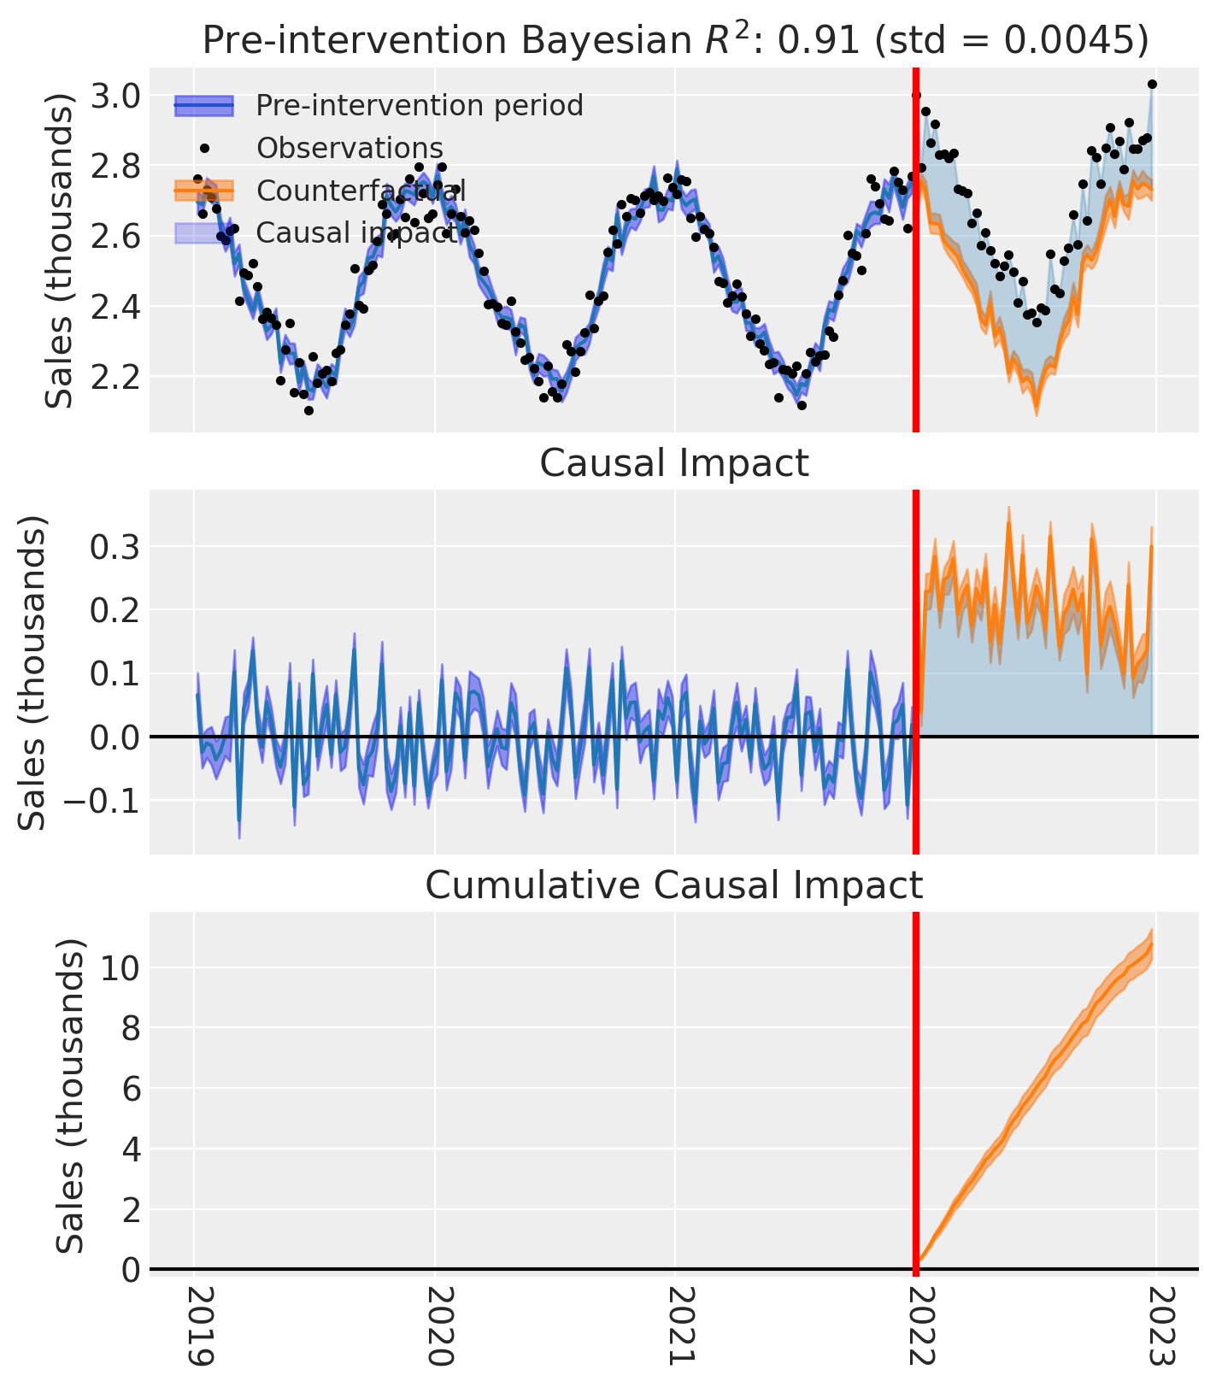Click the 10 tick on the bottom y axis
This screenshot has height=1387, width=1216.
(120, 968)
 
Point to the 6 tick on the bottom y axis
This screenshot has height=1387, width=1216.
(130, 1089)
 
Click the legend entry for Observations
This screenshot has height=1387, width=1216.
(350, 148)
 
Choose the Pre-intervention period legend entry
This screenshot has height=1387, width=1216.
(419, 105)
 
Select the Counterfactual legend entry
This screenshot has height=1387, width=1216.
(360, 191)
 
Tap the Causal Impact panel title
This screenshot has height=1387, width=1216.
(673, 463)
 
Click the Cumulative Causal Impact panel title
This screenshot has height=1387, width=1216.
(673, 885)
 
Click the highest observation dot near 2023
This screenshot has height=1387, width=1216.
(1152, 84)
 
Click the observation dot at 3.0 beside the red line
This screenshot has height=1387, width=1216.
(917, 95)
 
